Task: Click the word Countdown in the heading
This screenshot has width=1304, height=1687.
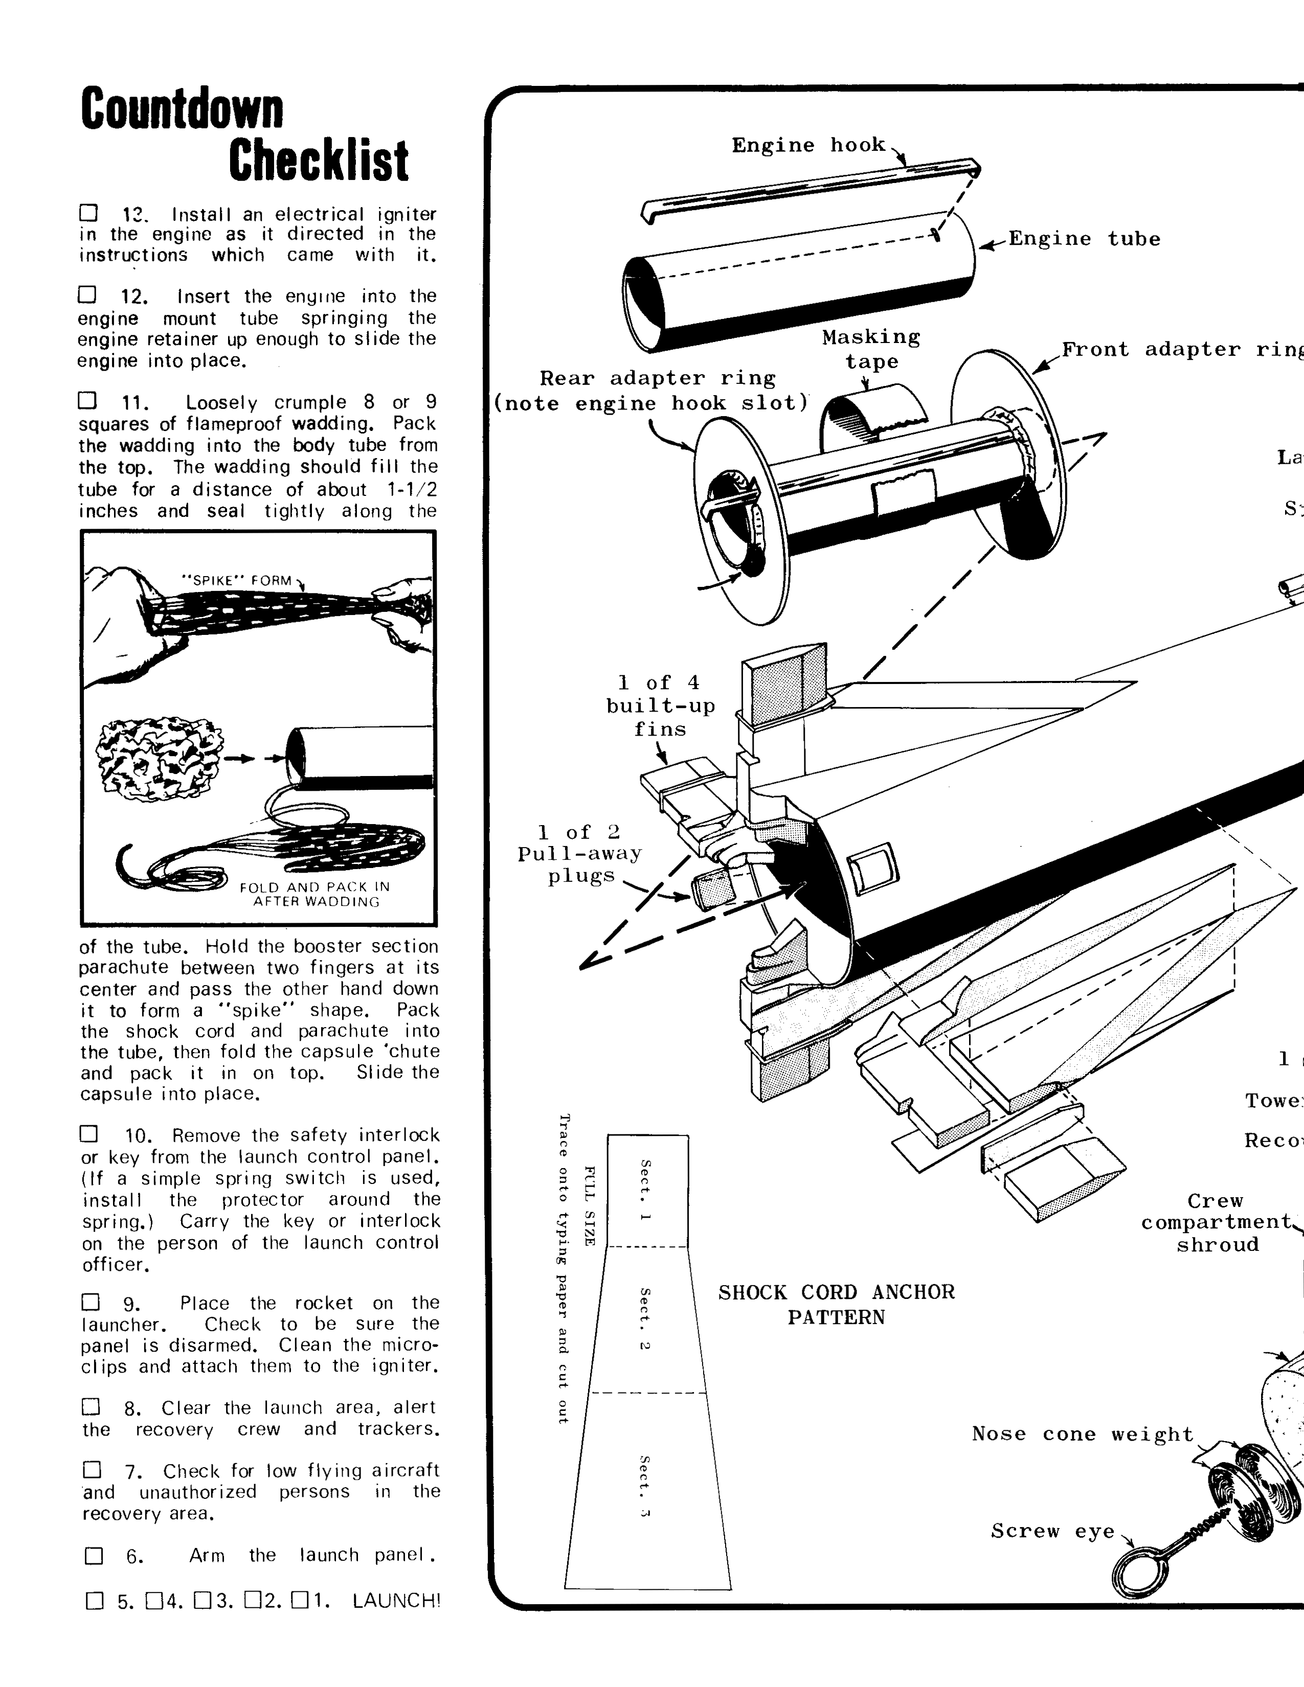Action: [x=183, y=110]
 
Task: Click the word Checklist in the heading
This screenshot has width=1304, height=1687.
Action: [x=318, y=162]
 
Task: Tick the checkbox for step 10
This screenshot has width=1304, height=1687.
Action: [x=89, y=1133]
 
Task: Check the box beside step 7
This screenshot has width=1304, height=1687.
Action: [x=92, y=1468]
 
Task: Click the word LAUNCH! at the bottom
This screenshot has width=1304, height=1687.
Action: [x=395, y=1601]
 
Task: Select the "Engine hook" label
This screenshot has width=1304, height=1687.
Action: [x=808, y=145]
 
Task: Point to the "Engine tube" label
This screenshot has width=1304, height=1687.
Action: [x=1084, y=239]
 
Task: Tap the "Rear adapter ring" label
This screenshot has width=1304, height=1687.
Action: [x=657, y=378]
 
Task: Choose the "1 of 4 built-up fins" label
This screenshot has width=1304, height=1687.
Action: [x=661, y=705]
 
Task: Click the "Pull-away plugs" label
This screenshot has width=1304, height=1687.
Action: [x=579, y=854]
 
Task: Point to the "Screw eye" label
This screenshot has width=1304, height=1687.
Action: [x=1052, y=1531]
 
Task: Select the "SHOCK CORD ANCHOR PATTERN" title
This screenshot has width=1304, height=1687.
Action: [x=836, y=1304]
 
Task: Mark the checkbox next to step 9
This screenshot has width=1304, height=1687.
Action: [x=91, y=1303]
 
